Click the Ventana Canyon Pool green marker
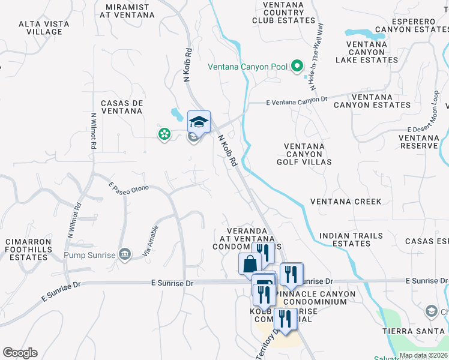(x=297, y=67)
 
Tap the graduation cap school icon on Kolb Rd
(x=199, y=122)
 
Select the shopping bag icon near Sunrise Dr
(x=249, y=263)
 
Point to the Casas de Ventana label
(x=122, y=107)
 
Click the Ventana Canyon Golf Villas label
(x=304, y=154)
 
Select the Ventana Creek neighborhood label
(x=345, y=202)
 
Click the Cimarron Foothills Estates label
(x=26, y=249)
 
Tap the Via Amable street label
(x=151, y=241)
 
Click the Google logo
(x=20, y=353)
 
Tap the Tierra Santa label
(x=406, y=331)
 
